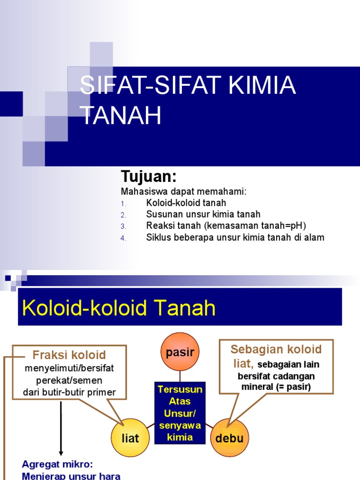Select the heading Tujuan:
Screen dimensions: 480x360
point(149,177)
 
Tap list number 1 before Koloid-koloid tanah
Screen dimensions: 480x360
point(123,203)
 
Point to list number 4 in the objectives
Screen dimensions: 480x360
point(123,238)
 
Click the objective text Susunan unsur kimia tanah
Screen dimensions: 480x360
point(203,215)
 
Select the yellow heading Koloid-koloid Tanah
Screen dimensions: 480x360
point(119,308)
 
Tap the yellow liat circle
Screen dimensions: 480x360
point(130,438)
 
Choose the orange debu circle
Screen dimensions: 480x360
point(229,438)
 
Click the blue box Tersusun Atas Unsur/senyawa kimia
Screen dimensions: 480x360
point(180,413)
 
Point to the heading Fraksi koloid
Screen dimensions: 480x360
point(69,355)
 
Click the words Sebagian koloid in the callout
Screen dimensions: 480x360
point(276,349)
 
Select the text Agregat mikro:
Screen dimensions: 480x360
point(58,464)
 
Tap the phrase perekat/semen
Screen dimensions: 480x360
point(69,380)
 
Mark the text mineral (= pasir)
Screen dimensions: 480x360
point(276,387)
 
